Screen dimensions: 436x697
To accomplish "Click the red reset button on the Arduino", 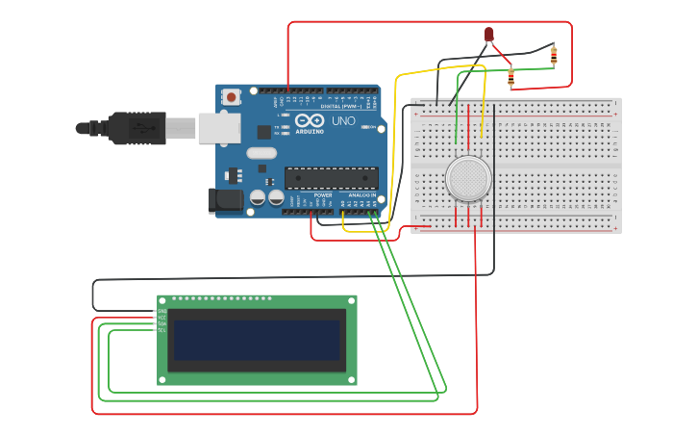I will (231, 97).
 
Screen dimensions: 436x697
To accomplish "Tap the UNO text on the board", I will (343, 121).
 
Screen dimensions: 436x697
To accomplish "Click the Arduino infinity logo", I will (310, 121).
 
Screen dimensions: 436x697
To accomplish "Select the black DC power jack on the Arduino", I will (226, 200).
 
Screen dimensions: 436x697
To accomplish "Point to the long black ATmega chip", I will (331, 178).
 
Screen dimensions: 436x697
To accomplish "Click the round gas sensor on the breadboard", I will (468, 179).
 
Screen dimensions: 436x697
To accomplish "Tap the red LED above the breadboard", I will (488, 36).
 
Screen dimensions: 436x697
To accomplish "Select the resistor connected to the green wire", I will (510, 76).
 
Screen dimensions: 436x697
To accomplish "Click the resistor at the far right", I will (554, 55).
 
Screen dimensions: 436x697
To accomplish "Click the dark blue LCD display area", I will (257, 341).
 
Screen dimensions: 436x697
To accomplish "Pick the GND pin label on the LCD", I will (162, 312).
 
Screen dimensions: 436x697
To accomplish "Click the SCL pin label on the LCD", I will (162, 330).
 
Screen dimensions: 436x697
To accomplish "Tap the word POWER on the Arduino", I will (323, 195).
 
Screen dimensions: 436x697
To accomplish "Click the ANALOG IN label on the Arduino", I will (362, 195).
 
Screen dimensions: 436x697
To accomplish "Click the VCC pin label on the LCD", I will (162, 318).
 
